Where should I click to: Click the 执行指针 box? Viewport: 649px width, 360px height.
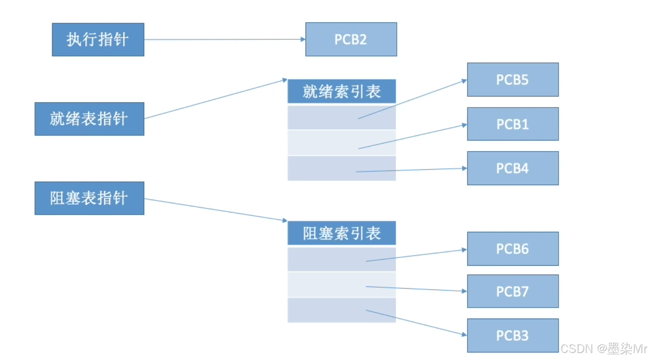pos(98,40)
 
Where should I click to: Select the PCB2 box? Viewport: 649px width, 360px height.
pos(351,39)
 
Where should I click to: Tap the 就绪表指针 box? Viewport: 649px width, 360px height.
pos(89,119)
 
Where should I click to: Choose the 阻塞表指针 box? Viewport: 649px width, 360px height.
pos(89,198)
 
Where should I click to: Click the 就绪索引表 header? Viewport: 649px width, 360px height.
pos(341,91)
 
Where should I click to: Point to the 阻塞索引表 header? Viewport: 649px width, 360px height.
pos(341,233)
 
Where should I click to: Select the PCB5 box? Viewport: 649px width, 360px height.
pos(512,80)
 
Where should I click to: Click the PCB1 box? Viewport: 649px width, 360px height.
pos(512,124)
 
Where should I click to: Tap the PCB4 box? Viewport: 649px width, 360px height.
pos(512,168)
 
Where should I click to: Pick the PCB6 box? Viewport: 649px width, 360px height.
pos(512,249)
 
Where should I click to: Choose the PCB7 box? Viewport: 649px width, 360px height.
pos(512,291)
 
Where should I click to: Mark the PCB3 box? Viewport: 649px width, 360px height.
pos(512,335)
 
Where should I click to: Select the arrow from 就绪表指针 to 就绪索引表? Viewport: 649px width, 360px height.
pos(216,99)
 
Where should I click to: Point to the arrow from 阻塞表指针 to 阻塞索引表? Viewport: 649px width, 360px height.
pos(216,210)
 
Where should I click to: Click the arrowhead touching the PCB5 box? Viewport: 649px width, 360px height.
pos(464,81)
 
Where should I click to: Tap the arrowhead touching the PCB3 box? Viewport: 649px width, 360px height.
pos(464,334)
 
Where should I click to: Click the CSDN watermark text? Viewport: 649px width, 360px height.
pos(603,349)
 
